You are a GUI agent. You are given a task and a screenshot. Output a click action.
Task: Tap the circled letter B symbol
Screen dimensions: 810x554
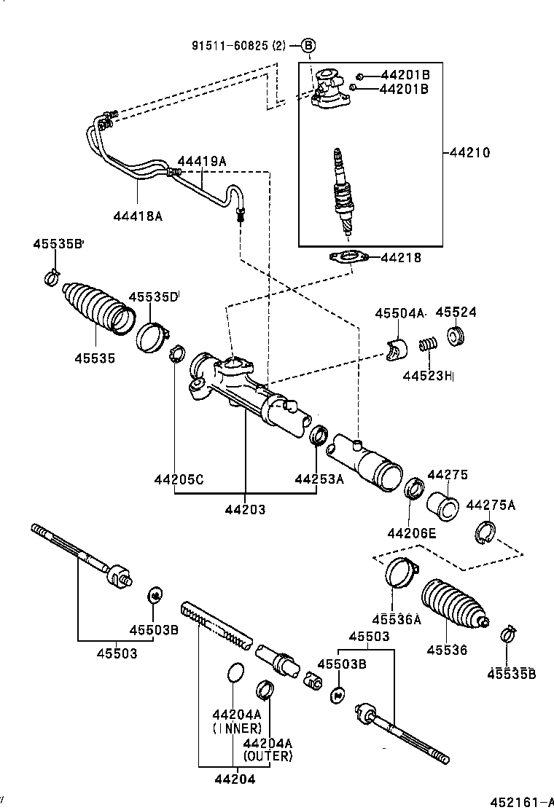click(x=308, y=45)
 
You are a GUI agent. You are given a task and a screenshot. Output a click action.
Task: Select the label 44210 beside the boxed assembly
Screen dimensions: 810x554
click(x=469, y=153)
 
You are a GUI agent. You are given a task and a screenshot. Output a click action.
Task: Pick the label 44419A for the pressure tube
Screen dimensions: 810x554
click(x=202, y=161)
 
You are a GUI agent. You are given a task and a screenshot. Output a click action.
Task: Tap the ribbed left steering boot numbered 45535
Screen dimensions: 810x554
click(x=97, y=308)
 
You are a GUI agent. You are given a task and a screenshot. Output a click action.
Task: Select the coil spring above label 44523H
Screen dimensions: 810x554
click(x=429, y=340)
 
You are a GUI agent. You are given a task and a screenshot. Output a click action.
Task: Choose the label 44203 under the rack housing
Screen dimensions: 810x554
click(x=245, y=510)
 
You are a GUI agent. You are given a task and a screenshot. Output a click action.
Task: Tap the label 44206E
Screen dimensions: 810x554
click(x=411, y=533)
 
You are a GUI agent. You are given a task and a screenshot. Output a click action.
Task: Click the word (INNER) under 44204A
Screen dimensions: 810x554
click(x=237, y=728)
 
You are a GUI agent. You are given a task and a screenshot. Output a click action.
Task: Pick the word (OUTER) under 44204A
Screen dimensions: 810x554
click(x=268, y=756)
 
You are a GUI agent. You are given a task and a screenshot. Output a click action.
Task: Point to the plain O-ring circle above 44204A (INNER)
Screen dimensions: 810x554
click(x=234, y=673)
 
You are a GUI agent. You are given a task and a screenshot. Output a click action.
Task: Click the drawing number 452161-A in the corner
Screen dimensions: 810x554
click(x=517, y=803)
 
